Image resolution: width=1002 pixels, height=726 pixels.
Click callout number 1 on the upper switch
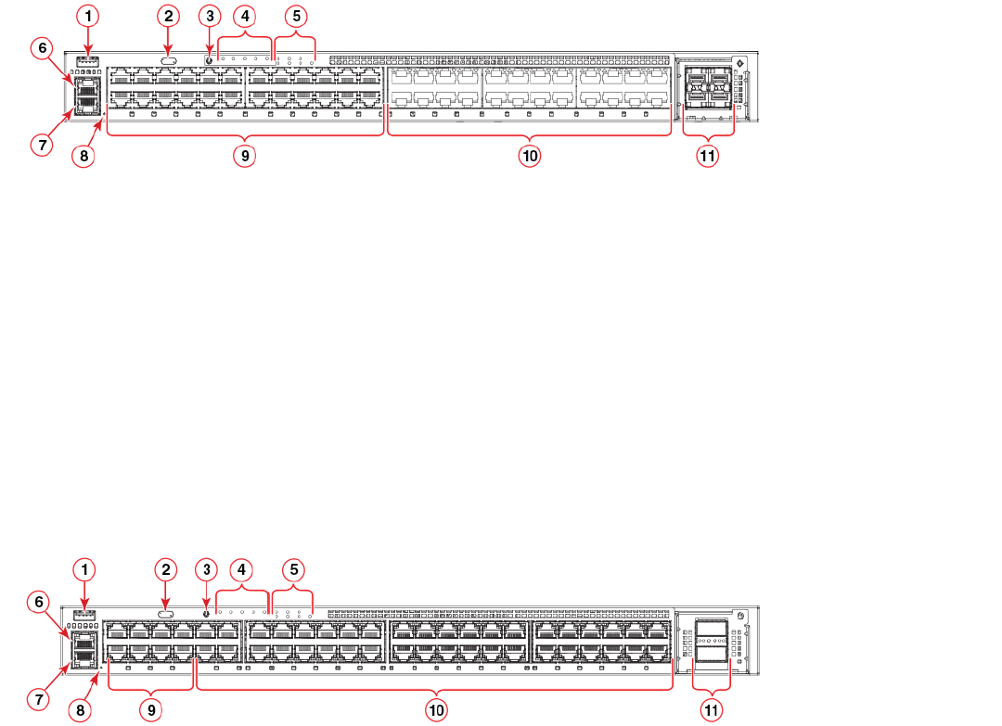click(x=88, y=16)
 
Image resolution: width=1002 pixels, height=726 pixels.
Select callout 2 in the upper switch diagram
click(x=168, y=16)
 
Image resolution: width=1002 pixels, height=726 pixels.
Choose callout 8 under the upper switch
click(x=83, y=157)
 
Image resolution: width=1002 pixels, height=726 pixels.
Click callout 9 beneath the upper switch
click(x=245, y=157)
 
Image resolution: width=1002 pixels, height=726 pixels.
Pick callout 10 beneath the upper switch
click(x=529, y=157)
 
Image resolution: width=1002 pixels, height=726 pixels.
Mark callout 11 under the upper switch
click(x=708, y=157)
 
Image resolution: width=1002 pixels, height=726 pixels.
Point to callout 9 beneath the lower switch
click(x=151, y=709)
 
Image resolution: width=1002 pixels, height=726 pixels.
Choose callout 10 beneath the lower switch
click(x=436, y=709)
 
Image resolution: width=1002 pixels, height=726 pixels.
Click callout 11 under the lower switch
click(x=712, y=709)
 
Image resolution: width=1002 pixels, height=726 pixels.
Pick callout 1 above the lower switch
click(x=85, y=567)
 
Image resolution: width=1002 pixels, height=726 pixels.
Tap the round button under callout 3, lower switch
click(x=206, y=613)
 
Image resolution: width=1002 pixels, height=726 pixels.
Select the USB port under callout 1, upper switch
click(x=88, y=60)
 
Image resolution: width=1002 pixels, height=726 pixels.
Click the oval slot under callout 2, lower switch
click(x=166, y=613)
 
